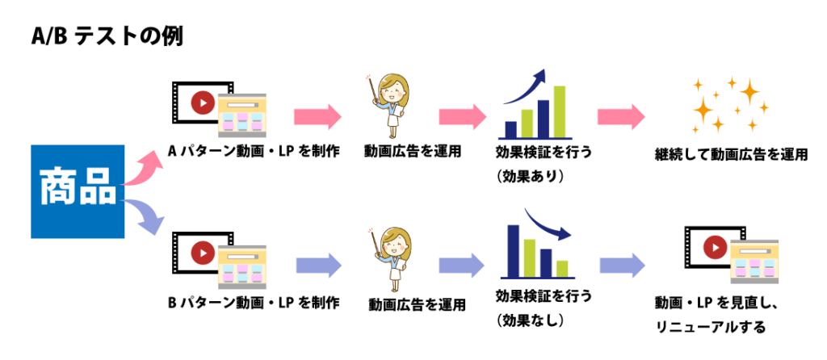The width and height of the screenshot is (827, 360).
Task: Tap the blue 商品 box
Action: pyautogui.click(x=78, y=191)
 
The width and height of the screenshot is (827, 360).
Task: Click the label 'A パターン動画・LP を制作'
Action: pyautogui.click(x=253, y=152)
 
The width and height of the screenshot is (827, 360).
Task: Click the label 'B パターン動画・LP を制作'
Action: pyautogui.click(x=253, y=303)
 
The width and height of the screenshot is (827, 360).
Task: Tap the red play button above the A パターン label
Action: pyautogui.click(x=203, y=103)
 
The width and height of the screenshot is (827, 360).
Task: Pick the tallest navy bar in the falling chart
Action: pyautogui.click(x=513, y=251)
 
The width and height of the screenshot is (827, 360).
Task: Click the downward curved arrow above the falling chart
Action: pyautogui.click(x=548, y=224)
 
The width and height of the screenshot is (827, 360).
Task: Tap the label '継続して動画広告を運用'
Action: pyautogui.click(x=731, y=155)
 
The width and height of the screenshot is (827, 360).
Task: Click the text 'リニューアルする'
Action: pyautogui.click(x=710, y=328)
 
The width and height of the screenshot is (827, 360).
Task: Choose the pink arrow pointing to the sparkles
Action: pyautogui.click(x=621, y=116)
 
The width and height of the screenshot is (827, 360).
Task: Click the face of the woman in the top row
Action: pyautogui.click(x=394, y=89)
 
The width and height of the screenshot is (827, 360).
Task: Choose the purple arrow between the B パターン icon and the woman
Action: pyautogui.click(x=319, y=265)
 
